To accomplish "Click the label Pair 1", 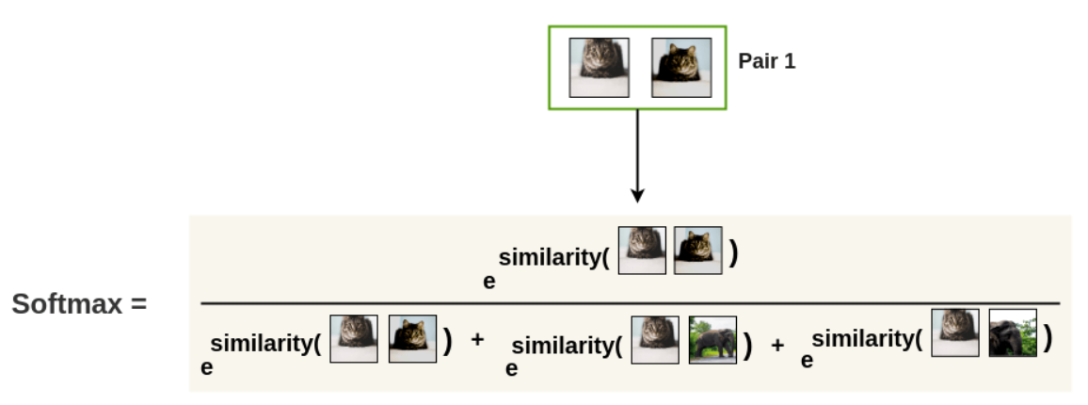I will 766,63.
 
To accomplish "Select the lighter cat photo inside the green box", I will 598,67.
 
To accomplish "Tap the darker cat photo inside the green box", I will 680,67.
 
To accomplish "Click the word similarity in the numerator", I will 552,258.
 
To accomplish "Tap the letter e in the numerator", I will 488,281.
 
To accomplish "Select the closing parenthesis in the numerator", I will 732,254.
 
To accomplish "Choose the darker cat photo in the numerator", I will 698,250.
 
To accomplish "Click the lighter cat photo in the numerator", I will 642,250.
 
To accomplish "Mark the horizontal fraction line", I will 631,303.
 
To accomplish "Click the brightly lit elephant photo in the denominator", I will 712,340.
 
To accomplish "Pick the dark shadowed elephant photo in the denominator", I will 1013,332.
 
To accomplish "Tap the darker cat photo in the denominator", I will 412,339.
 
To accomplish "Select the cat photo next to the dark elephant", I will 954,332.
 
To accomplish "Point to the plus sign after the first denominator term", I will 477,339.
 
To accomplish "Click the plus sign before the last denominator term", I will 777,345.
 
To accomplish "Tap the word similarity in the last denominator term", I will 866,338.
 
